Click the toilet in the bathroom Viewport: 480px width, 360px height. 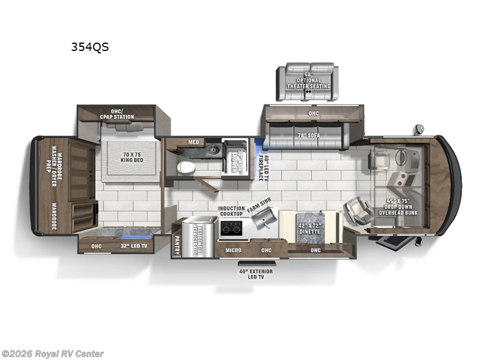187,167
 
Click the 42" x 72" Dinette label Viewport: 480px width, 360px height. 310,228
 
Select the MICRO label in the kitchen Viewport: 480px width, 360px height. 233,249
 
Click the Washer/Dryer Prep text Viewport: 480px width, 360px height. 54,166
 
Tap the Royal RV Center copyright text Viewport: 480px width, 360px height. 53,354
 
